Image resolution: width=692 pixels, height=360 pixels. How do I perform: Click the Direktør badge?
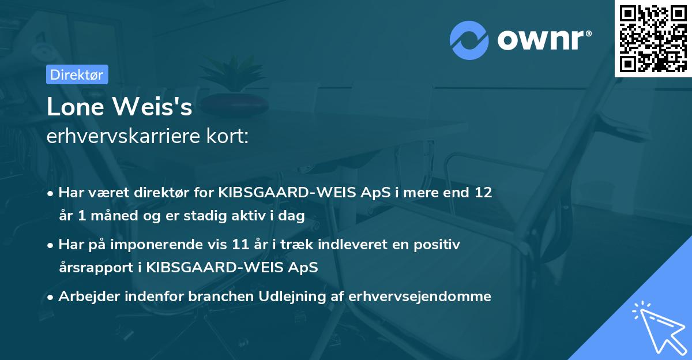(77, 74)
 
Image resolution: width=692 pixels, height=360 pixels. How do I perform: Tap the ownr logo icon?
(469, 40)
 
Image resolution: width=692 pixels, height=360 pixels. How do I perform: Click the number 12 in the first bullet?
(483, 193)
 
